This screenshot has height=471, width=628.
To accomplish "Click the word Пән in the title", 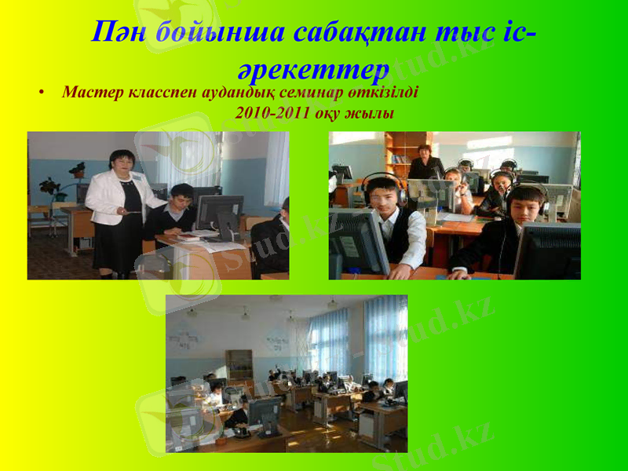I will pos(119,32).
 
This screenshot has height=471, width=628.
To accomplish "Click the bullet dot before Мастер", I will pos(40,93).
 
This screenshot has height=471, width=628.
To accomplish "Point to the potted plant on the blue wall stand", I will pos(77,170).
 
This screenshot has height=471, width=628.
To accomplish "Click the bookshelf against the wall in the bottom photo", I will pos(239,363).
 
